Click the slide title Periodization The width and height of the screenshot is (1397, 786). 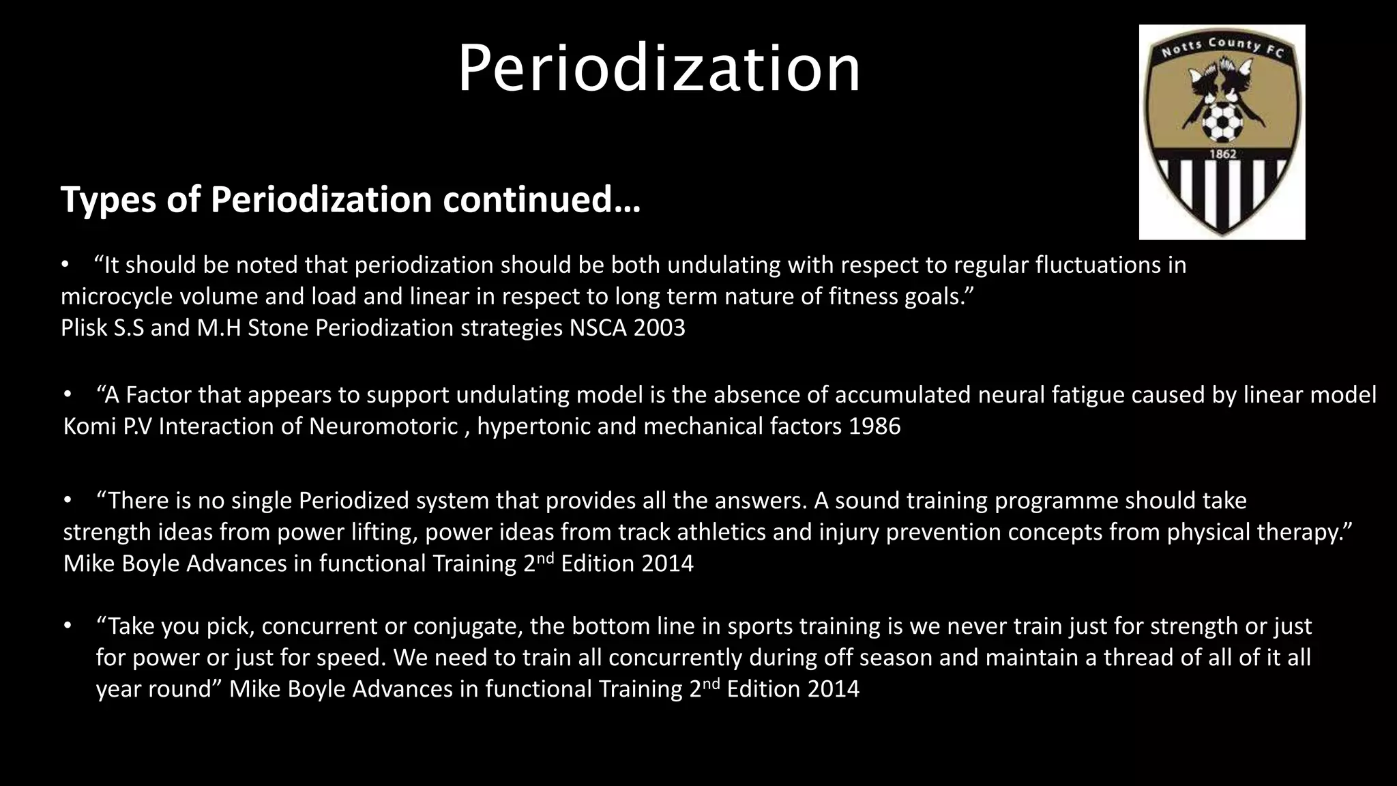pos(659,68)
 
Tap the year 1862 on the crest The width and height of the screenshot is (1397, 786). pos(1222,154)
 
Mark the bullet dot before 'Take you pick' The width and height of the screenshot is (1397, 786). pos(68,626)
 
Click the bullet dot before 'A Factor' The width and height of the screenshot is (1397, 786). pos(68,394)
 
